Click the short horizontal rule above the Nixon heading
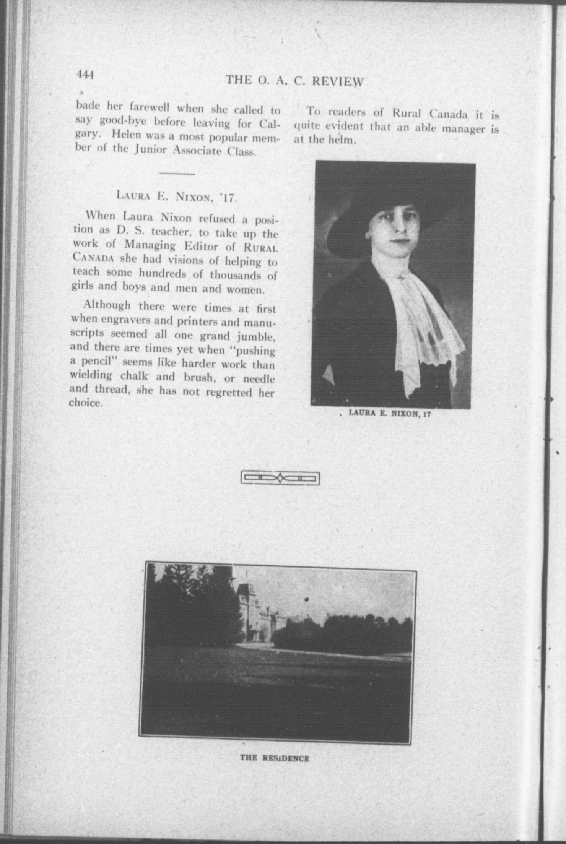coord(177,174)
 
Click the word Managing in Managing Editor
coord(150,245)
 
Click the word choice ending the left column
coord(86,403)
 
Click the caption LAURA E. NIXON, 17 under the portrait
coord(390,414)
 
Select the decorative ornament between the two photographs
coord(280,478)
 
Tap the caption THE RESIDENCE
coord(274,758)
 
